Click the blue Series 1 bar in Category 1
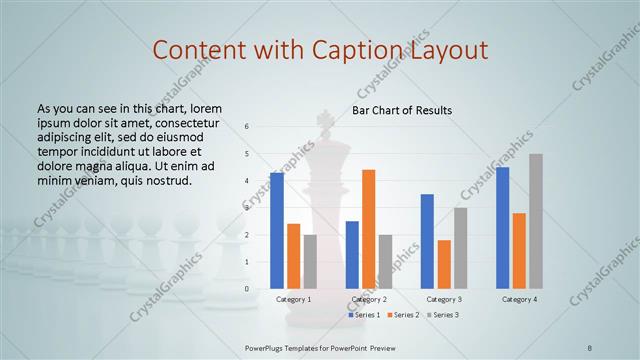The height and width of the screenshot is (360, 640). (277, 231)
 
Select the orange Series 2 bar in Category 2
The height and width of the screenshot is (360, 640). (369, 229)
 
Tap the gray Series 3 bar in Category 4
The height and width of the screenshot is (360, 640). (536, 221)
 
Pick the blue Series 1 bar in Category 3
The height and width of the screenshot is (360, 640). (427, 241)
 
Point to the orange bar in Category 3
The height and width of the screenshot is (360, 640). (444, 264)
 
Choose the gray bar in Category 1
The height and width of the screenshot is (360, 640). (310, 261)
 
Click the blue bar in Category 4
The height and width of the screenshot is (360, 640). (502, 228)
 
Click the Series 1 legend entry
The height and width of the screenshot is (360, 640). (364, 315)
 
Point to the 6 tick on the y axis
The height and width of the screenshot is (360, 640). (247, 126)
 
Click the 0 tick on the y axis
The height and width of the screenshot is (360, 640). (247, 289)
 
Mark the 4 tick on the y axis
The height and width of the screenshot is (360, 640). (247, 181)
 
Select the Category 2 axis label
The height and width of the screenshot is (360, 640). (369, 299)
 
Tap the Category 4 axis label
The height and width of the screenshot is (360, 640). (519, 299)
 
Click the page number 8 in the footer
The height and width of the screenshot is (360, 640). (590, 346)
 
